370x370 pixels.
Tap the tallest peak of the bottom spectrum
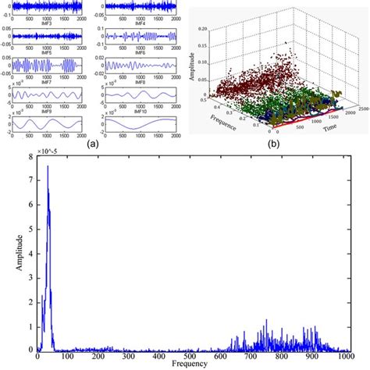click(x=48, y=166)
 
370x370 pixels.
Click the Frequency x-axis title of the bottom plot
click(x=191, y=364)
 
